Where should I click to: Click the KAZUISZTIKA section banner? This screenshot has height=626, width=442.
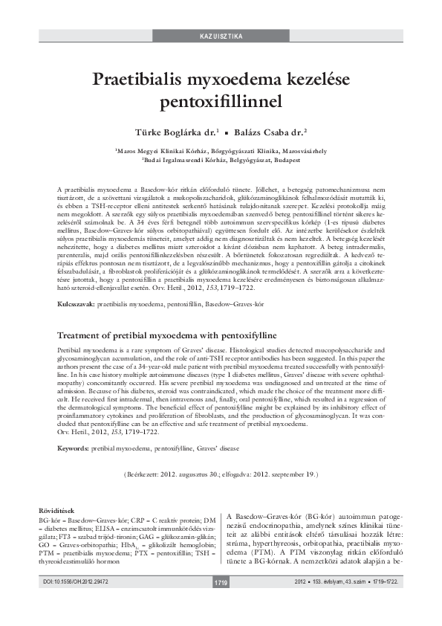[x=221, y=36]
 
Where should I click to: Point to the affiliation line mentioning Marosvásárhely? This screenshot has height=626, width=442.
[x=221, y=149]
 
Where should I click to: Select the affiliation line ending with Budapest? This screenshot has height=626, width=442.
[x=221, y=159]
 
